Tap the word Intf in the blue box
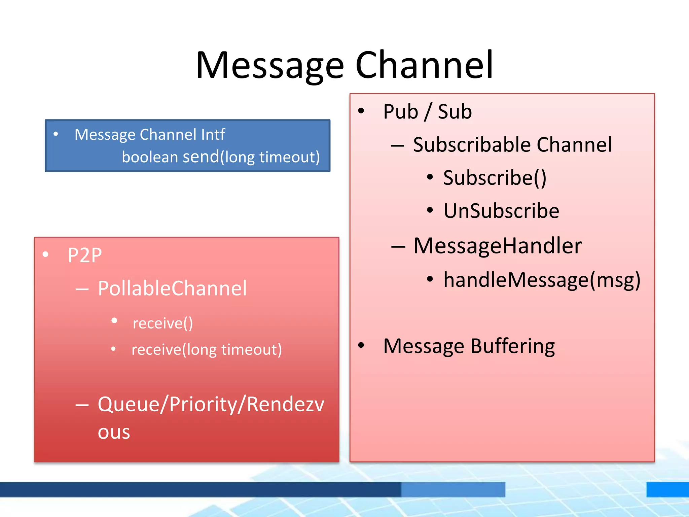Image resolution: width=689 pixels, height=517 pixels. (x=213, y=135)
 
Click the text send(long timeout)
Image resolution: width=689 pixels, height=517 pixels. (x=251, y=157)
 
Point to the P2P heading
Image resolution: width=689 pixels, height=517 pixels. (x=85, y=255)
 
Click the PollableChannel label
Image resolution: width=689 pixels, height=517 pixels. (x=172, y=288)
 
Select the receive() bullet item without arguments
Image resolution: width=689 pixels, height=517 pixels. (x=163, y=323)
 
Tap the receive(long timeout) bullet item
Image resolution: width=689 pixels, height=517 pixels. (x=207, y=350)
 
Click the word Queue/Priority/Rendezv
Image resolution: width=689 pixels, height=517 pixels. (x=211, y=404)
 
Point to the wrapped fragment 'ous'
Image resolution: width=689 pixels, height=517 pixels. (x=114, y=433)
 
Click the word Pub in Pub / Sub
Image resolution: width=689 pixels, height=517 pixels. (x=400, y=112)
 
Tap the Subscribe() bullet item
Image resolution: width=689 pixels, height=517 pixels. (x=495, y=178)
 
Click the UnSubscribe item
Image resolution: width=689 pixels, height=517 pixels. (x=501, y=211)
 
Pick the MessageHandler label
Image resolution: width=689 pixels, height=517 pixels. (x=498, y=246)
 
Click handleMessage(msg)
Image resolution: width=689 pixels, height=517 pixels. (x=542, y=280)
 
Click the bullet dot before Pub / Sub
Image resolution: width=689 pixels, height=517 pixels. (x=361, y=111)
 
